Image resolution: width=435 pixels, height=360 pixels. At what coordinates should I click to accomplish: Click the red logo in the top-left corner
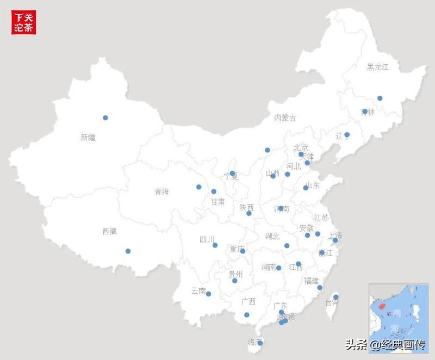24,22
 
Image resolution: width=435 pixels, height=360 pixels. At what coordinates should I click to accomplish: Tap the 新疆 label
88,138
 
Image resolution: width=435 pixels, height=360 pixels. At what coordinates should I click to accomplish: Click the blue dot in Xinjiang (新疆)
105,117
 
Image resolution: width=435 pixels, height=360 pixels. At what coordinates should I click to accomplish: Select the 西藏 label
109,232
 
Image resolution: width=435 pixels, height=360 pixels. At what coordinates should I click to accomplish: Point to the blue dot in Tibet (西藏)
128,251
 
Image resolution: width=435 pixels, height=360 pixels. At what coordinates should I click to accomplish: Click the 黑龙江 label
378,67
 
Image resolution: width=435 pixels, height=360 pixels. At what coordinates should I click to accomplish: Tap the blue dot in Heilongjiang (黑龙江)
380,98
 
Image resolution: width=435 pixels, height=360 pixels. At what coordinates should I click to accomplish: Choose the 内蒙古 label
285,118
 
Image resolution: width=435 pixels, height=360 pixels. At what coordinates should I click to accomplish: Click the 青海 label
161,191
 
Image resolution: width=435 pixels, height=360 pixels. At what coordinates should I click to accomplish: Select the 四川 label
207,239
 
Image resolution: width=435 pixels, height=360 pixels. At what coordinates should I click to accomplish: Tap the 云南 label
198,291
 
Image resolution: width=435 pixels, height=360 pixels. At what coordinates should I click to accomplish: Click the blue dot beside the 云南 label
208,294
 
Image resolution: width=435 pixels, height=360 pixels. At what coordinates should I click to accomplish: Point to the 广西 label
248,302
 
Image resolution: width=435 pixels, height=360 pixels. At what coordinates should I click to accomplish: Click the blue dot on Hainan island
260,343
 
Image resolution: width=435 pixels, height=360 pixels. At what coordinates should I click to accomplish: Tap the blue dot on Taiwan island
335,297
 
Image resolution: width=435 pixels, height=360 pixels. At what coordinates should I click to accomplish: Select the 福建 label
312,281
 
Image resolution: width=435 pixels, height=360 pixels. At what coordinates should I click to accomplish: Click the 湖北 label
272,236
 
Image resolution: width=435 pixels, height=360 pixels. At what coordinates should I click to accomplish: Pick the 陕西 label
246,208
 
